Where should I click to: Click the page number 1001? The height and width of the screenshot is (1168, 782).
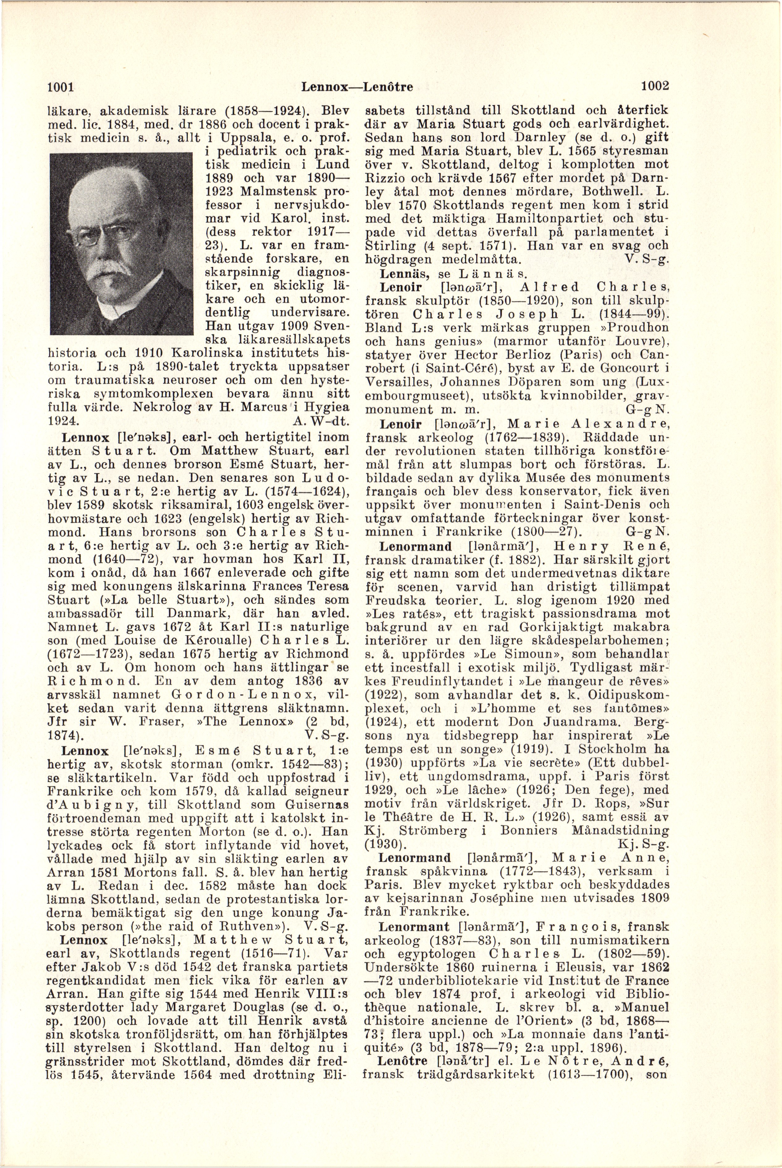(60, 86)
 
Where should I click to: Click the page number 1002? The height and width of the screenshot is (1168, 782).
(654, 86)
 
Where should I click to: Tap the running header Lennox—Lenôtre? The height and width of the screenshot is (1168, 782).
(357, 87)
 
